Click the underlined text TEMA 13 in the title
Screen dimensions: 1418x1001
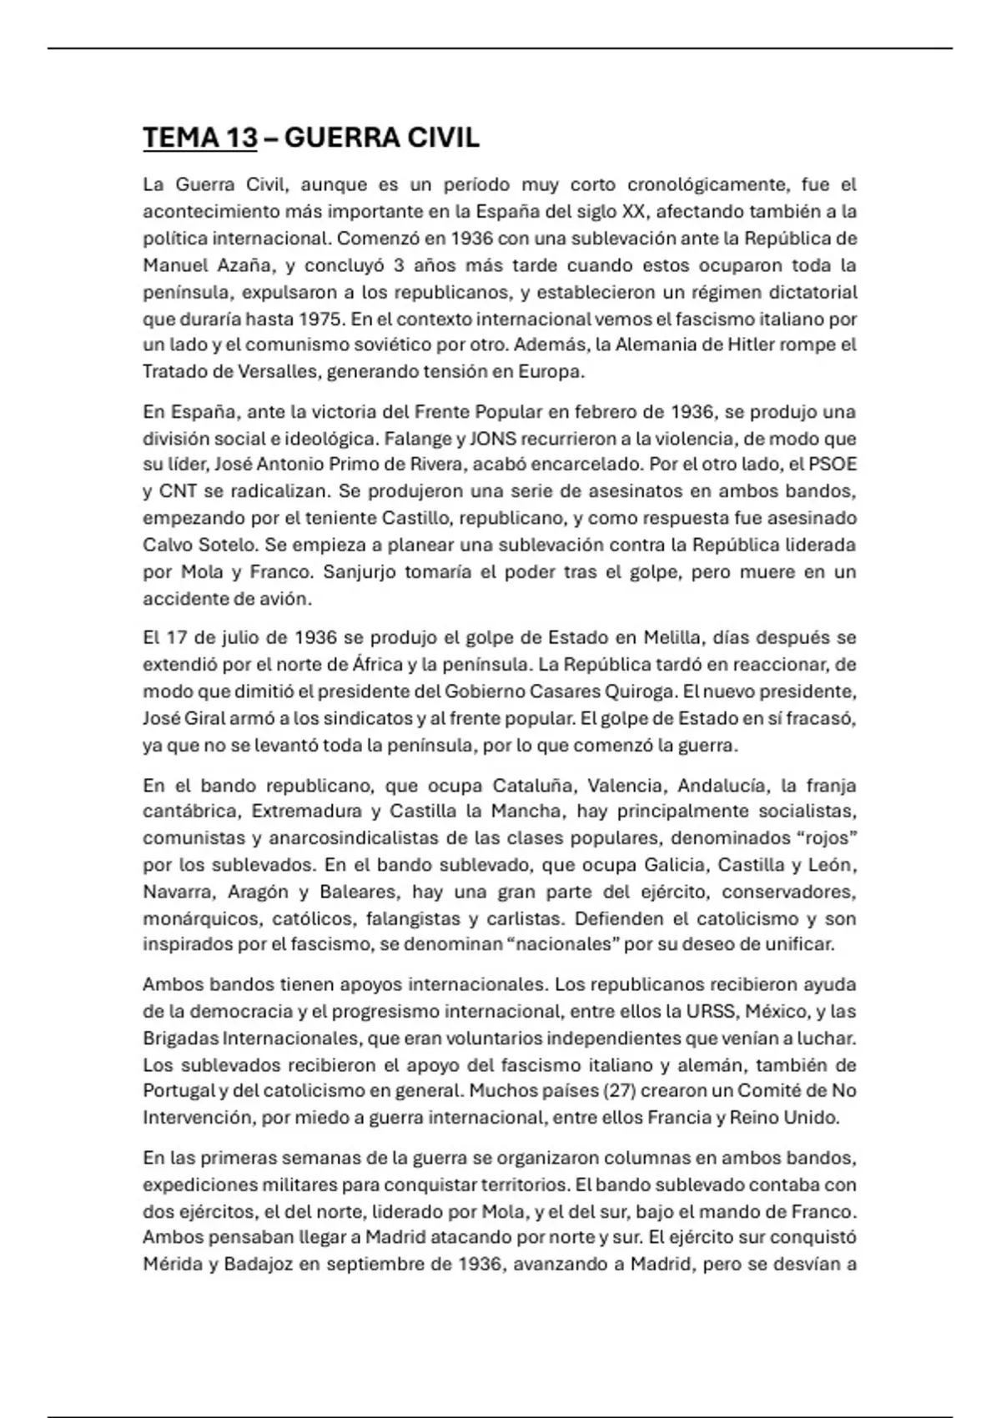[x=199, y=138]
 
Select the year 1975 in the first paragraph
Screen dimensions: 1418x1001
[x=322, y=319]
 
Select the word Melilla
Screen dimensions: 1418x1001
[x=675, y=638]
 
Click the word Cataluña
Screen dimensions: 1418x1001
[x=534, y=786]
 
